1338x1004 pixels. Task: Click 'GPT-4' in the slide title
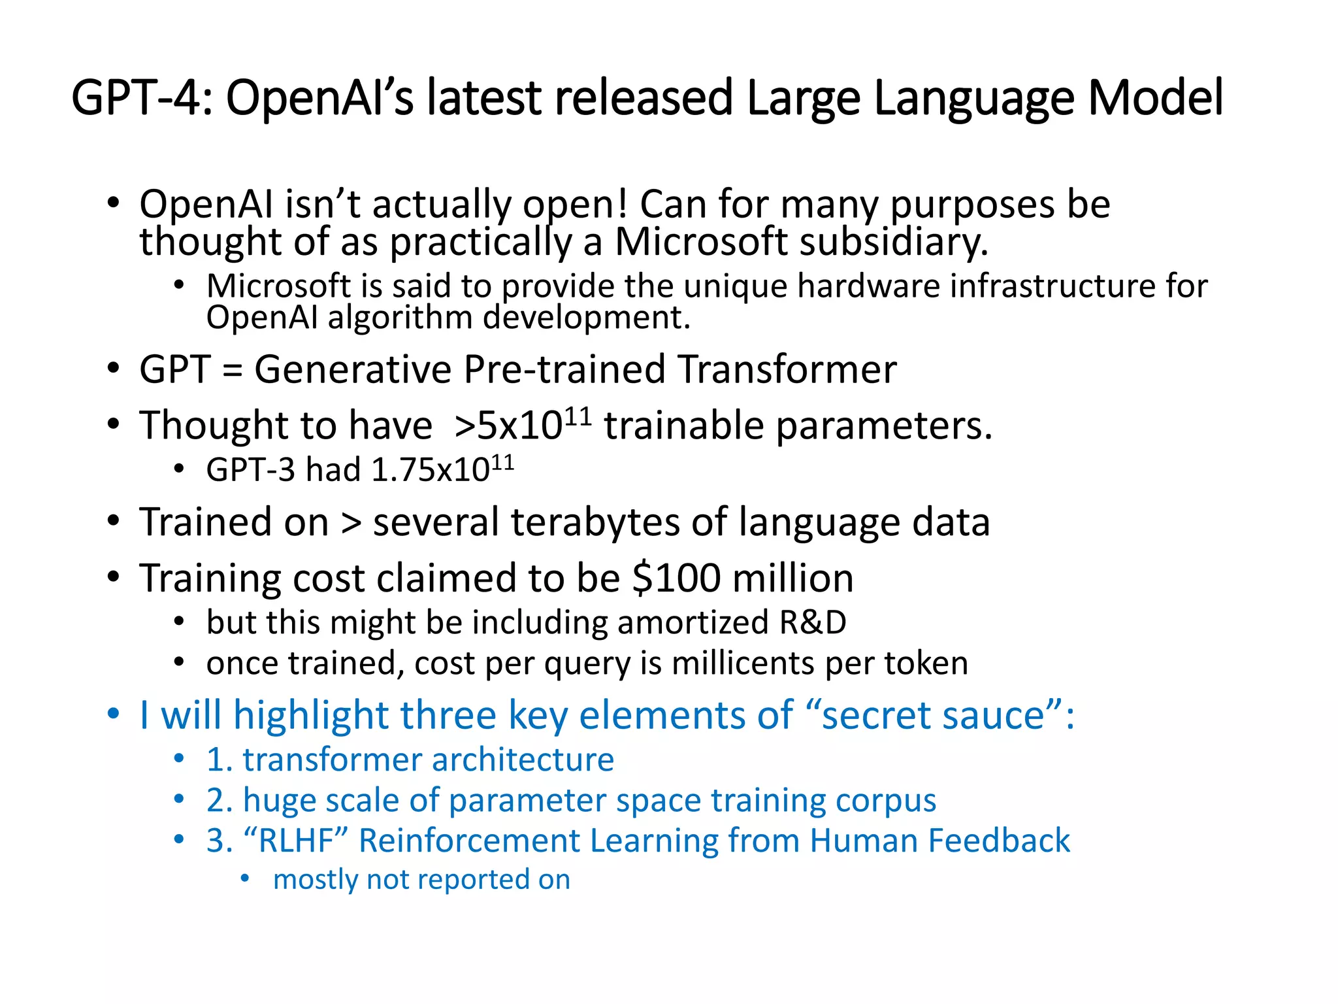click(136, 98)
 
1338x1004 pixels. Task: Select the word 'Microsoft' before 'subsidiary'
click(701, 242)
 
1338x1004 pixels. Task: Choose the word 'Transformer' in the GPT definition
click(787, 370)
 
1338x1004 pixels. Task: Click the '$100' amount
click(676, 578)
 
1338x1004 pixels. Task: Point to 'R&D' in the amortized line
click(813, 622)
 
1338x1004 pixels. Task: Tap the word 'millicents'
click(743, 663)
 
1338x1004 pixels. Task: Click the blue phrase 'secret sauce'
click(932, 715)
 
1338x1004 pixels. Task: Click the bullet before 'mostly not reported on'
click(244, 878)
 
